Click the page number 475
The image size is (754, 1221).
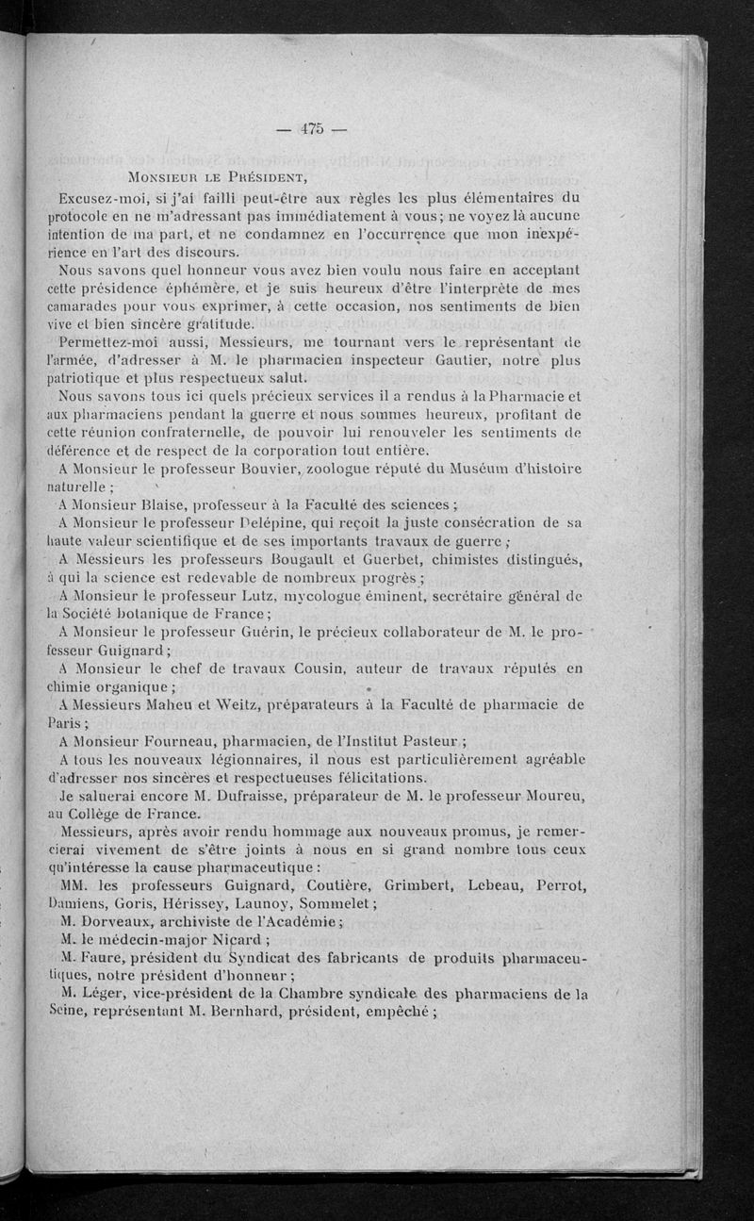[x=310, y=130]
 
